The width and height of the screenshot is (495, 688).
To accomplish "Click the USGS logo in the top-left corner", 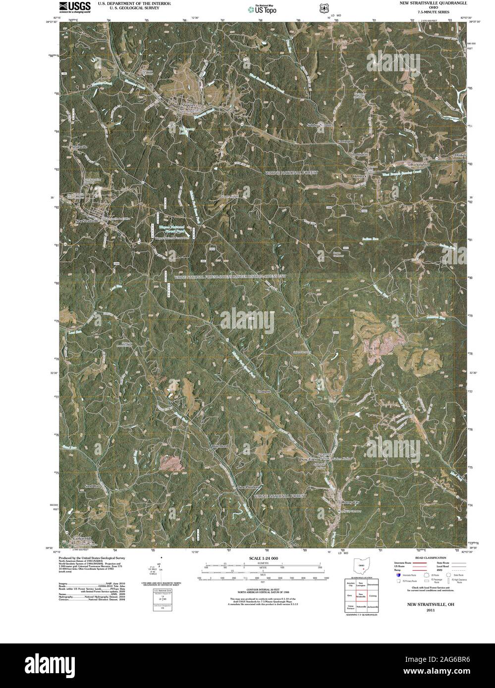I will [x=75, y=7].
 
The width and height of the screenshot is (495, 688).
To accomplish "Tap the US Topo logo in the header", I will [x=263, y=8].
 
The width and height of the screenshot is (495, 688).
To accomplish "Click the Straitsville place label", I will [x=79, y=147].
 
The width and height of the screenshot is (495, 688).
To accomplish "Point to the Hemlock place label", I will [x=359, y=176].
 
